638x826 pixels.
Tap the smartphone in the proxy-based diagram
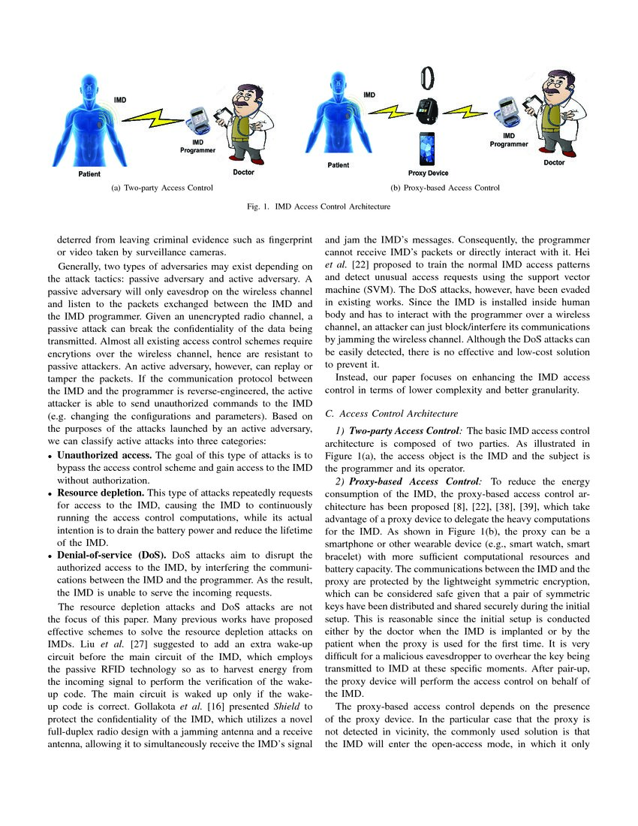[427, 148]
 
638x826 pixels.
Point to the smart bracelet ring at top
[427, 76]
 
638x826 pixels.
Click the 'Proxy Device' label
[428, 173]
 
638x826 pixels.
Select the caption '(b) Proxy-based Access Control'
[445, 188]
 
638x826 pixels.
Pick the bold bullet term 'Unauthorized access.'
[104, 455]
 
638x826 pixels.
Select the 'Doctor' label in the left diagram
[243, 172]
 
